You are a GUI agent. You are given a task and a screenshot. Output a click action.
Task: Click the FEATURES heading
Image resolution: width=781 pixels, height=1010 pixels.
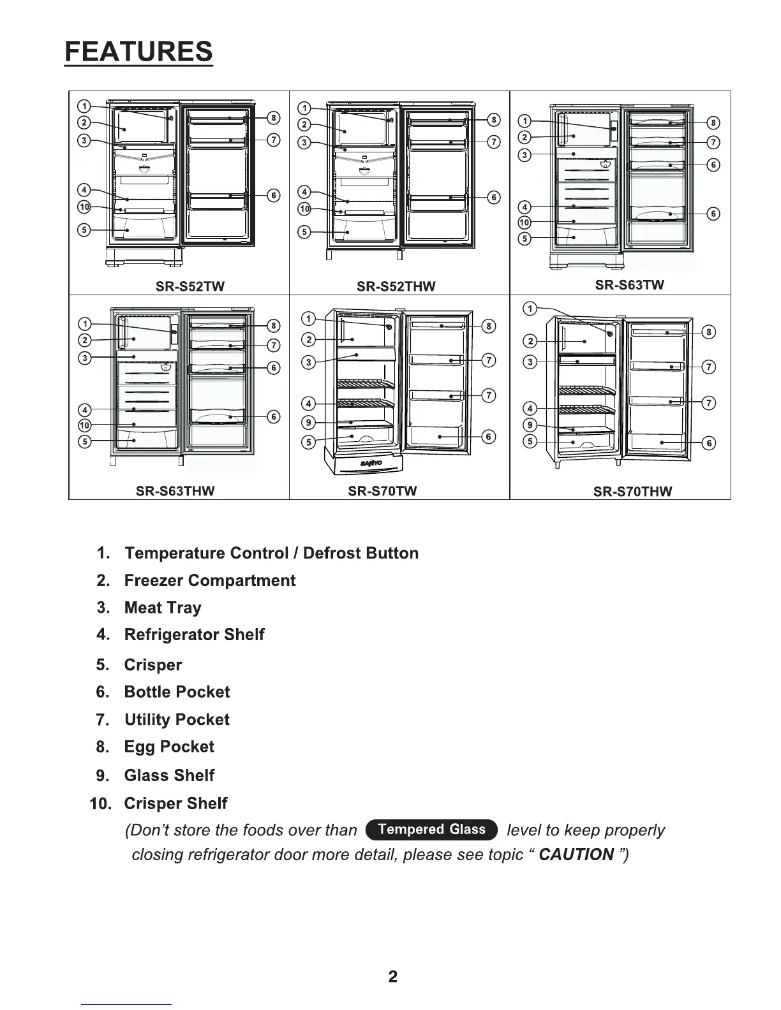click(x=138, y=51)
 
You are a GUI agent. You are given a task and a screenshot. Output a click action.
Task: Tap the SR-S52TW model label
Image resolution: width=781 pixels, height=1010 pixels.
click(x=190, y=286)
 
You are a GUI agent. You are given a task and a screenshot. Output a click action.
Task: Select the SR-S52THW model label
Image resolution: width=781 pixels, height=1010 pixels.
click(x=396, y=286)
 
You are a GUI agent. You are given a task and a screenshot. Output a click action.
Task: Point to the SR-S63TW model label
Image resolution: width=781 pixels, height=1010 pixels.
click(x=629, y=285)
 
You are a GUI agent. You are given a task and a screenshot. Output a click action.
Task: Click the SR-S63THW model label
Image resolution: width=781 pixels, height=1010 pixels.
click(x=175, y=491)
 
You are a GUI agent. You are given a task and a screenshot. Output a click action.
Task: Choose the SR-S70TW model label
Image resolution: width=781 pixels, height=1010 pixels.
click(x=382, y=491)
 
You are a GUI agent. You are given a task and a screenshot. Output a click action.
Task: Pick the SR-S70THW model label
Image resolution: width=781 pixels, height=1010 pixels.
click(x=632, y=491)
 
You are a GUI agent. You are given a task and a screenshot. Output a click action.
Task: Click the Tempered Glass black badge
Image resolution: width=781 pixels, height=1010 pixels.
click(x=431, y=830)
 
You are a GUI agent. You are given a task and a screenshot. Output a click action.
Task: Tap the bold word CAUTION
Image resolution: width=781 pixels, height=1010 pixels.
click(x=576, y=854)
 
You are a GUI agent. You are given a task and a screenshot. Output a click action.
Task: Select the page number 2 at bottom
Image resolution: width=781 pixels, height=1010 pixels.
click(x=392, y=976)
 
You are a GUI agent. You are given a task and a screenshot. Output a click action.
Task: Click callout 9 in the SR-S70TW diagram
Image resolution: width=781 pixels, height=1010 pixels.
click(x=309, y=422)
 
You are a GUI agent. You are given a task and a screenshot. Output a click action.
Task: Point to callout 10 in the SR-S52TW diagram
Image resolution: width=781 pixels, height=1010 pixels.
click(x=84, y=207)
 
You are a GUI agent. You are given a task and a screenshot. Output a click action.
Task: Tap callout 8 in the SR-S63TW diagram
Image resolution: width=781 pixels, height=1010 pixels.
click(x=713, y=122)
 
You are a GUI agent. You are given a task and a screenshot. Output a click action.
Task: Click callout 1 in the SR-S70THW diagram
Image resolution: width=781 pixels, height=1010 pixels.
click(x=530, y=309)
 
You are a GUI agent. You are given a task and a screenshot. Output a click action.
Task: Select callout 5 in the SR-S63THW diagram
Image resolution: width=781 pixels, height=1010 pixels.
click(x=85, y=441)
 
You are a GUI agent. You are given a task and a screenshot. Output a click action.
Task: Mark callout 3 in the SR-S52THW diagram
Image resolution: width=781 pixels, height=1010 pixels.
click(x=305, y=142)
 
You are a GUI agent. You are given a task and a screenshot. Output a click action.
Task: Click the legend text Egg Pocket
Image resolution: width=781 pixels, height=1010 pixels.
click(x=169, y=747)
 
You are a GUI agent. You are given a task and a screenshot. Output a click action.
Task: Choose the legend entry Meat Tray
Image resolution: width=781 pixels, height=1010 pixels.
click(x=163, y=608)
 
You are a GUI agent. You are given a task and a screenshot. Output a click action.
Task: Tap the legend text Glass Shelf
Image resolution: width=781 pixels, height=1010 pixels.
click(x=169, y=775)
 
